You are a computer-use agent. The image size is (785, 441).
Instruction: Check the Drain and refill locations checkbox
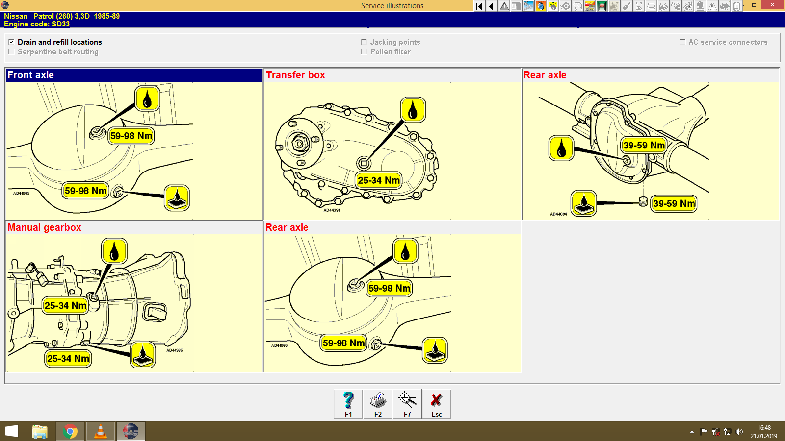[11, 42]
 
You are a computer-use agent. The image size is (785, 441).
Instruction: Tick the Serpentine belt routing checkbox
[11, 51]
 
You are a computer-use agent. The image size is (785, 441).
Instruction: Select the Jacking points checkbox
[364, 42]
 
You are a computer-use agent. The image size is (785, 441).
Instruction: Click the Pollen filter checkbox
[364, 51]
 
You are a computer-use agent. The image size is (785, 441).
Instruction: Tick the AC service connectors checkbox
[682, 42]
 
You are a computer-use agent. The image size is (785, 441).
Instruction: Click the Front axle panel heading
[30, 75]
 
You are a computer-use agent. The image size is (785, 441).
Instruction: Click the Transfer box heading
[295, 75]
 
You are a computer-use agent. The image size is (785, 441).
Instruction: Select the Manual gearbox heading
[44, 227]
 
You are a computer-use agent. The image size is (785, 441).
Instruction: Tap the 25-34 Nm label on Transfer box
[378, 180]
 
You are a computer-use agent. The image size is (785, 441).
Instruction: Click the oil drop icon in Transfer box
[413, 109]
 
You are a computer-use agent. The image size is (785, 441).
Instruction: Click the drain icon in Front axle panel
[177, 198]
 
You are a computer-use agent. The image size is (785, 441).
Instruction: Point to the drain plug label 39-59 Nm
[674, 203]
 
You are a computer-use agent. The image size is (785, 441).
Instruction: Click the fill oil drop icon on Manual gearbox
[114, 251]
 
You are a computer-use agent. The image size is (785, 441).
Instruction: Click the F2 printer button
[378, 404]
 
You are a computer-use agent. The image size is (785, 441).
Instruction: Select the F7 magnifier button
[407, 404]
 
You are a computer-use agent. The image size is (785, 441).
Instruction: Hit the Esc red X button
[437, 404]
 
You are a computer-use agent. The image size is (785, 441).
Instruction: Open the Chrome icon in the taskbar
[70, 431]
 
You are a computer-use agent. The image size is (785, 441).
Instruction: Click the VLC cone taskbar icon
[101, 431]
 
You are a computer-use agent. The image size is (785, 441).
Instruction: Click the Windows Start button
[12, 431]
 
